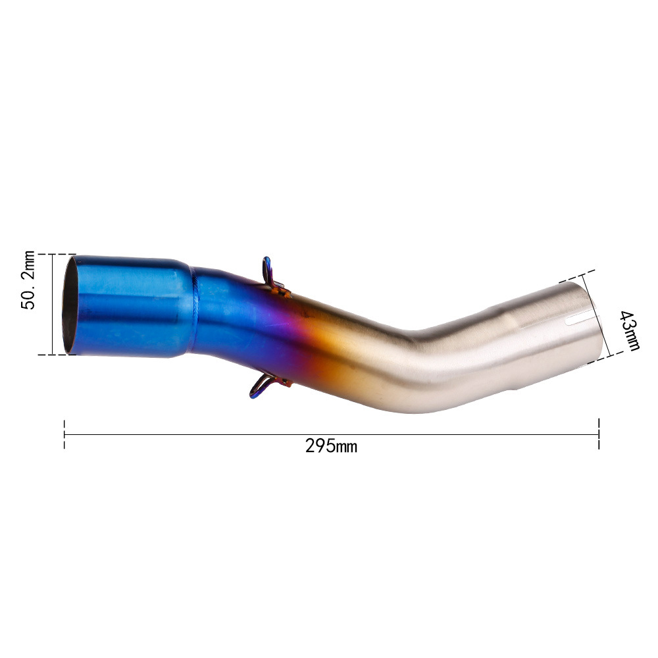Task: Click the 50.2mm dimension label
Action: point(28,280)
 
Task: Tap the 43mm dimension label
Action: point(630,330)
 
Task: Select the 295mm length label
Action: point(331,445)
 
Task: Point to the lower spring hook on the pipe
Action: point(267,385)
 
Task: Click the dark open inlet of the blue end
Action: point(70,305)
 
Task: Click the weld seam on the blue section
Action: point(195,310)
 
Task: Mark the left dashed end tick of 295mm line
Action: point(64,434)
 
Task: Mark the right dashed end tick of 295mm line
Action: point(599,434)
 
